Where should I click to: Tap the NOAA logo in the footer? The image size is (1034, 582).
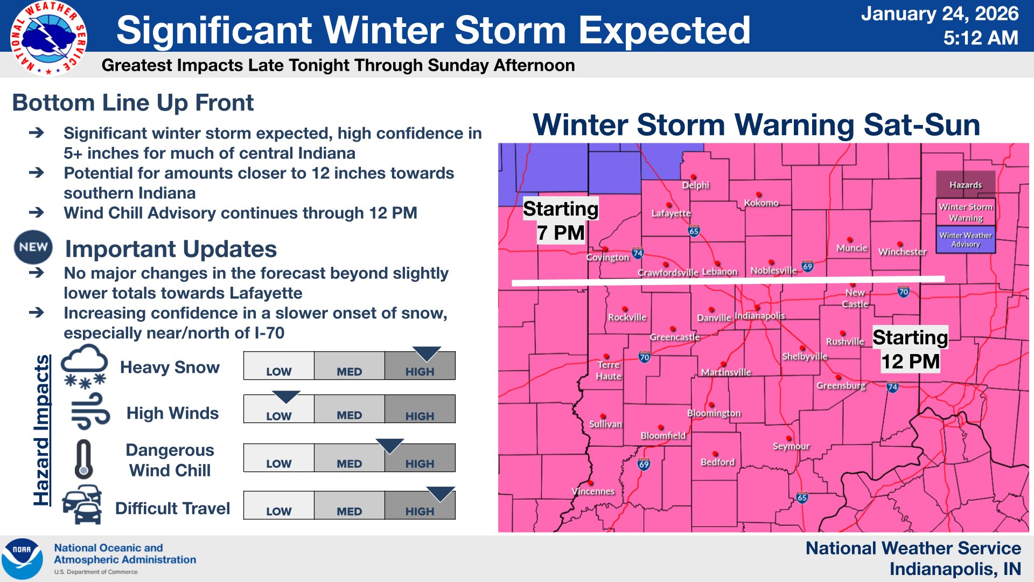tap(22, 559)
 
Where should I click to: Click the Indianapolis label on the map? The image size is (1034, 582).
tap(759, 316)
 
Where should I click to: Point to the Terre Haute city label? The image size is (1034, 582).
tap(609, 370)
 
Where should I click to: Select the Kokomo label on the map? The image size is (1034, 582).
tap(761, 203)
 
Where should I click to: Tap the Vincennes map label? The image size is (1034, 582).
tap(593, 491)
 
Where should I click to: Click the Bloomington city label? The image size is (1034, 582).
tap(714, 413)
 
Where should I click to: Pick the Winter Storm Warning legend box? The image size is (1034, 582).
tap(966, 212)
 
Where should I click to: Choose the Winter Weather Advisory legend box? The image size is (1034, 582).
tap(966, 240)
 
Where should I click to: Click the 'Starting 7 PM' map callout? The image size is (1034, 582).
tap(561, 221)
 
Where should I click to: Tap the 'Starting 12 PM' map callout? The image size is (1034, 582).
tap(910, 349)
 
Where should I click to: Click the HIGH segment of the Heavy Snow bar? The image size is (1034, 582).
tap(420, 366)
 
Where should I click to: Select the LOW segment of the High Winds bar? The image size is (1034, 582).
tap(278, 410)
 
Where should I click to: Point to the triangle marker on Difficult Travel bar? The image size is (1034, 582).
tap(441, 494)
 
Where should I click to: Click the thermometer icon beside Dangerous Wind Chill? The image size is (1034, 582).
tap(83, 460)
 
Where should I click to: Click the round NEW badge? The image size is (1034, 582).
tap(33, 247)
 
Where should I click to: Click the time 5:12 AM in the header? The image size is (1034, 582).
tap(980, 38)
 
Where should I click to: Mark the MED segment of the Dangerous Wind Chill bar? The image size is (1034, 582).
tap(349, 458)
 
